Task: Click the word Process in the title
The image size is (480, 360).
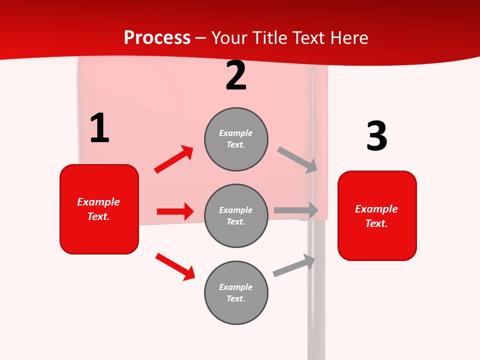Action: click(x=157, y=38)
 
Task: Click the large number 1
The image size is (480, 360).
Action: click(x=99, y=128)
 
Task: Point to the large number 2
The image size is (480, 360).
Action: click(x=236, y=75)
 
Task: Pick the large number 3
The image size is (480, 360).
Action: click(x=376, y=136)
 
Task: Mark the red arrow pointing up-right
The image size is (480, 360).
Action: click(x=173, y=159)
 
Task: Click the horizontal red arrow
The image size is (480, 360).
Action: click(x=175, y=211)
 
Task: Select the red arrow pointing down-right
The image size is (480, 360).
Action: click(x=175, y=266)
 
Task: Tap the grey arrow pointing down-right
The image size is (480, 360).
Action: click(x=297, y=160)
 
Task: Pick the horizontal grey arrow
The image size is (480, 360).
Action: click(x=296, y=210)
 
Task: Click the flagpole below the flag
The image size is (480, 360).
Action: click(x=316, y=300)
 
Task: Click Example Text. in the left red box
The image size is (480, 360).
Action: click(x=98, y=209)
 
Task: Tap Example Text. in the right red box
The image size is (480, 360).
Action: click(x=376, y=216)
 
